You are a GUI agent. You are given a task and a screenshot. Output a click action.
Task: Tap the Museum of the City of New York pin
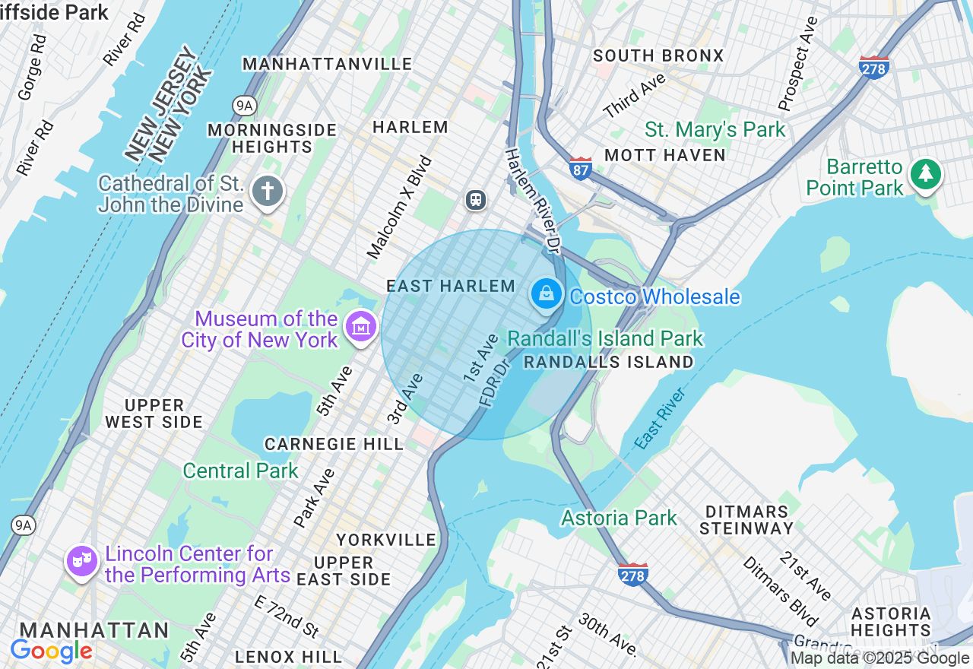(361, 327)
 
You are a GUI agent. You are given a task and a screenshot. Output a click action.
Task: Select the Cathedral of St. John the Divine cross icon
(268, 192)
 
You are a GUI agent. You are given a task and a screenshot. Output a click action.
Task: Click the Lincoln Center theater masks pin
(82, 562)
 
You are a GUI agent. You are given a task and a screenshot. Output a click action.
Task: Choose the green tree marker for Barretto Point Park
(925, 174)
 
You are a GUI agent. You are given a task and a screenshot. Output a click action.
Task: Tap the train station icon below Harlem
(476, 200)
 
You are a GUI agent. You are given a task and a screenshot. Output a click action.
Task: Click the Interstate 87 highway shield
(580, 168)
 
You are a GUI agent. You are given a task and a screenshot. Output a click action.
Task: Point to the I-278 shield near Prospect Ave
(874, 67)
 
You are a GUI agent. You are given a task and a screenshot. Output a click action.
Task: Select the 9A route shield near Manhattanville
(244, 105)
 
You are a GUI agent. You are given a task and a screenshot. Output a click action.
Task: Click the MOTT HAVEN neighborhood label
(665, 155)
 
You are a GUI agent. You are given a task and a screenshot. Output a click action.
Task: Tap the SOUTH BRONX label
(658, 55)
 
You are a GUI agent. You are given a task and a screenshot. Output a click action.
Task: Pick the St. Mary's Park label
(715, 130)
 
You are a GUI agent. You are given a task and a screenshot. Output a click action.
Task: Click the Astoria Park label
(619, 518)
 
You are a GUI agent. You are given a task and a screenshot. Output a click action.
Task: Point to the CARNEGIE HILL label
(334, 444)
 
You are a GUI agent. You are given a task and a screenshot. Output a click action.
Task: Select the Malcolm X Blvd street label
(399, 207)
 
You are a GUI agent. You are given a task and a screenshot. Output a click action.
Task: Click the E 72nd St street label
(287, 617)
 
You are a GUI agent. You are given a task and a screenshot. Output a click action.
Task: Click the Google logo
(51, 652)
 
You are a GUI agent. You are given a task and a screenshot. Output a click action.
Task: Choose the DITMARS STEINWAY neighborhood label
(746, 519)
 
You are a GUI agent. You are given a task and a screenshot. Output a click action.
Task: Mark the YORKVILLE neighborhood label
(386, 540)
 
